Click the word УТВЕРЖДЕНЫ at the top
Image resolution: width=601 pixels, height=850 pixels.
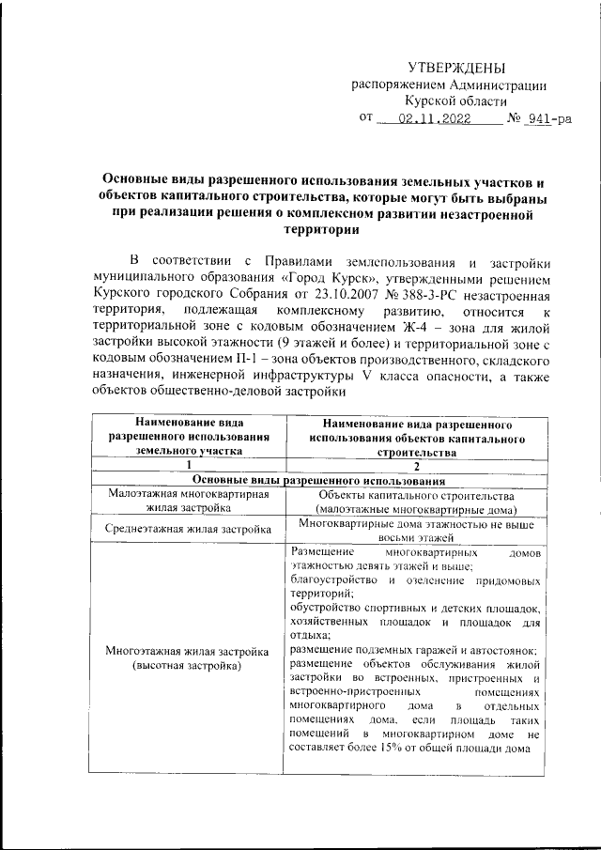tap(455, 67)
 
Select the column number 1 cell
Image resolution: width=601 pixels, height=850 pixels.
tap(189, 465)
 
